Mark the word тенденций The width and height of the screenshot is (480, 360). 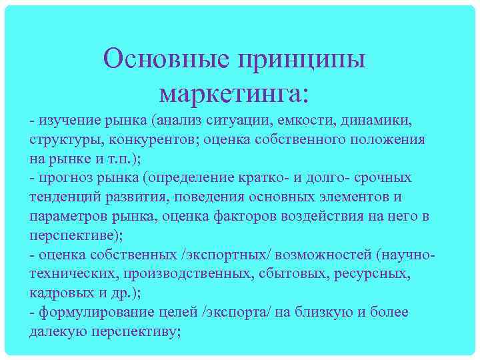[64, 198]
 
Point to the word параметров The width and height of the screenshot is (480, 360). [71, 217]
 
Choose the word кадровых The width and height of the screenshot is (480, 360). [59, 293]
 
